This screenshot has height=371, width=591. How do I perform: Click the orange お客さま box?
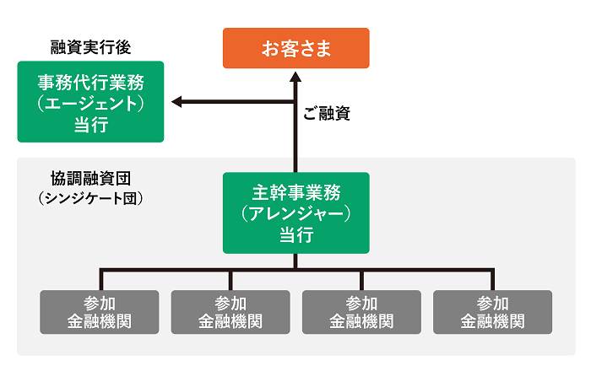coord(295,48)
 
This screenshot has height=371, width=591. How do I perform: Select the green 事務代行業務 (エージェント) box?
coord(91,102)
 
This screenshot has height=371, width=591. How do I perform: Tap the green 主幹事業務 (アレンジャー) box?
coord(295,212)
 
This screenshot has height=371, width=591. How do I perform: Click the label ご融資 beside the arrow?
coord(326,114)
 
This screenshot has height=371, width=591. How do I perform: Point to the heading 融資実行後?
coord(90,47)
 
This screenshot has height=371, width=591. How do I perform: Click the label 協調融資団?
coord(90,179)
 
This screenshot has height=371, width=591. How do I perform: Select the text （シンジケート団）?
coord(90,198)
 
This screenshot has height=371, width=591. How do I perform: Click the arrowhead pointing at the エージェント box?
coord(177,102)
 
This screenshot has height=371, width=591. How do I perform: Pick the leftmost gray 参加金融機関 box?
coord(100,312)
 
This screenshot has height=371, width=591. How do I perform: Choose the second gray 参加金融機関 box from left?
coord(230,312)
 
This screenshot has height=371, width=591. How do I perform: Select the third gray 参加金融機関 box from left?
coord(361,312)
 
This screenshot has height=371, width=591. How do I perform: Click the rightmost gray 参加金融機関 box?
coord(492,312)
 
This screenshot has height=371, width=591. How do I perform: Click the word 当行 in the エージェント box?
coord(91,124)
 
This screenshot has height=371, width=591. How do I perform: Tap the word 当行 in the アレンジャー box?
coord(295,234)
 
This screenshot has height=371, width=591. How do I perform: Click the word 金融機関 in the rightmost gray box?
coord(492,321)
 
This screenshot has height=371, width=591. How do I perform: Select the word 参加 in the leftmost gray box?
coord(100,303)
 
